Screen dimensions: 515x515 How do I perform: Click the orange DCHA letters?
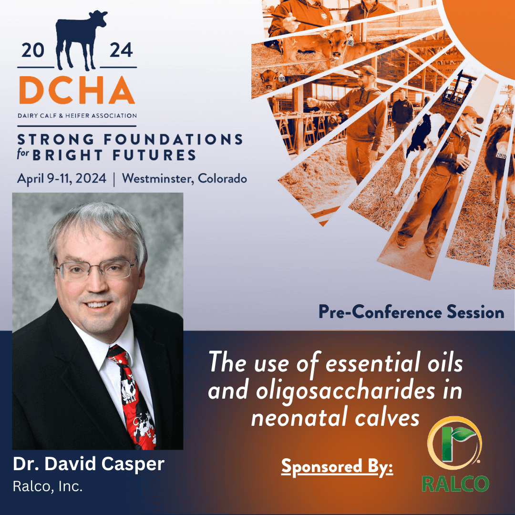click(77, 90)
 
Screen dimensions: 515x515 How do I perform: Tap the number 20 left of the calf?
click(33, 50)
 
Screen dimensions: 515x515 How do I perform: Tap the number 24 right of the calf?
click(121, 50)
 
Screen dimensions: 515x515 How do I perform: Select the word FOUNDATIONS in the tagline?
click(174, 140)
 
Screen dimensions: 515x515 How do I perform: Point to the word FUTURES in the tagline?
click(154, 155)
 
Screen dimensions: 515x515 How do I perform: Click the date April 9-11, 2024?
click(62, 179)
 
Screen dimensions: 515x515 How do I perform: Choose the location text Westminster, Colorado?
click(184, 178)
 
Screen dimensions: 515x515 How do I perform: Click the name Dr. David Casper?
click(89, 464)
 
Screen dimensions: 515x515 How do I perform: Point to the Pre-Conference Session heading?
click(411, 312)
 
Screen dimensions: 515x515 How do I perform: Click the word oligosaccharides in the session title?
click(345, 391)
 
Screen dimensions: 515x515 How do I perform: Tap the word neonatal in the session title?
click(300, 418)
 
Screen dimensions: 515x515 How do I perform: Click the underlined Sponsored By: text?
click(337, 467)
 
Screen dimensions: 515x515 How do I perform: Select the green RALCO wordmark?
click(455, 484)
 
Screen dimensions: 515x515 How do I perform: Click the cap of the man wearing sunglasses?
click(366, 70)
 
